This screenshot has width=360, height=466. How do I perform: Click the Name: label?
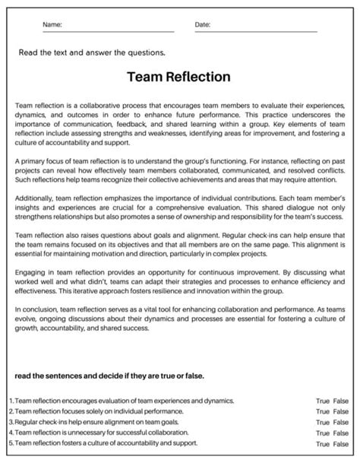pyautogui.click(x=52, y=25)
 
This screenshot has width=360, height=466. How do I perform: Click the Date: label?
pyautogui.click(x=203, y=25)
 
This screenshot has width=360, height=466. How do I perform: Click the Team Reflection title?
pyautogui.click(x=180, y=78)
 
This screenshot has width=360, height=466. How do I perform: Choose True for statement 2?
pyautogui.click(x=323, y=411)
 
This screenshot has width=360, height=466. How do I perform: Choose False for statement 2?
pyautogui.click(x=340, y=411)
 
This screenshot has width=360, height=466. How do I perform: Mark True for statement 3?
pyautogui.click(x=323, y=422)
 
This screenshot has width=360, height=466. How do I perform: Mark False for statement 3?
pyautogui.click(x=340, y=422)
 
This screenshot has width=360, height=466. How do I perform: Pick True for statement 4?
pyautogui.click(x=323, y=433)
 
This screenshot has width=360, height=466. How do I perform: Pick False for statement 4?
pyautogui.click(x=340, y=433)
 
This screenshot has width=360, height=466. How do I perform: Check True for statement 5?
pyautogui.click(x=323, y=443)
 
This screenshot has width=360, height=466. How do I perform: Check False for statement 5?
pyautogui.click(x=340, y=443)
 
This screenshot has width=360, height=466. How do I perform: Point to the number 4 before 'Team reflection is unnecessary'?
pyautogui.click(x=11, y=433)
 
